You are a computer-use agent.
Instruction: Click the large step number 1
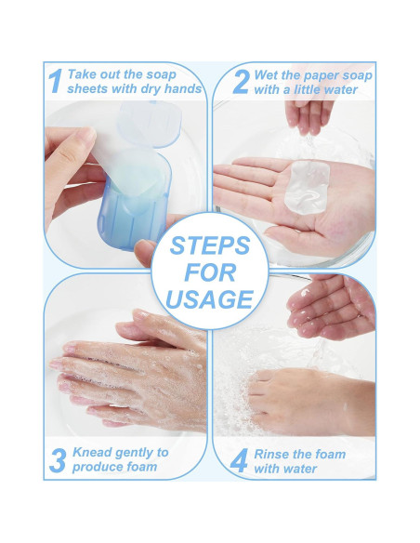click(x=56, y=81)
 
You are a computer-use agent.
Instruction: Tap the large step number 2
click(x=241, y=82)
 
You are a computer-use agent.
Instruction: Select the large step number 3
click(x=58, y=460)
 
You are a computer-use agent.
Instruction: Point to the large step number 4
click(x=239, y=460)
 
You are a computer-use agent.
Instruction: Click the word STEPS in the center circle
click(x=210, y=245)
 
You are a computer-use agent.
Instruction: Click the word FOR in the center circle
click(x=210, y=272)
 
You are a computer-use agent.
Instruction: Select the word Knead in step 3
click(x=91, y=452)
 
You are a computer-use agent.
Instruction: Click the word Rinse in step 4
click(x=272, y=454)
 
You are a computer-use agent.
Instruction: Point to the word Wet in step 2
click(x=266, y=75)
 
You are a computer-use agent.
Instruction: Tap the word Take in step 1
click(x=81, y=74)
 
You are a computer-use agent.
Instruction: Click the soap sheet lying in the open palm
click(x=307, y=187)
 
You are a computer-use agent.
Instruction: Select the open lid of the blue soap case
click(x=150, y=124)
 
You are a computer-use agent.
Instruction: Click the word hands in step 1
click(x=183, y=88)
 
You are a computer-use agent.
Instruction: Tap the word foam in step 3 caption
click(x=142, y=467)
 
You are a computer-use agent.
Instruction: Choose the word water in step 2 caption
click(x=341, y=89)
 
